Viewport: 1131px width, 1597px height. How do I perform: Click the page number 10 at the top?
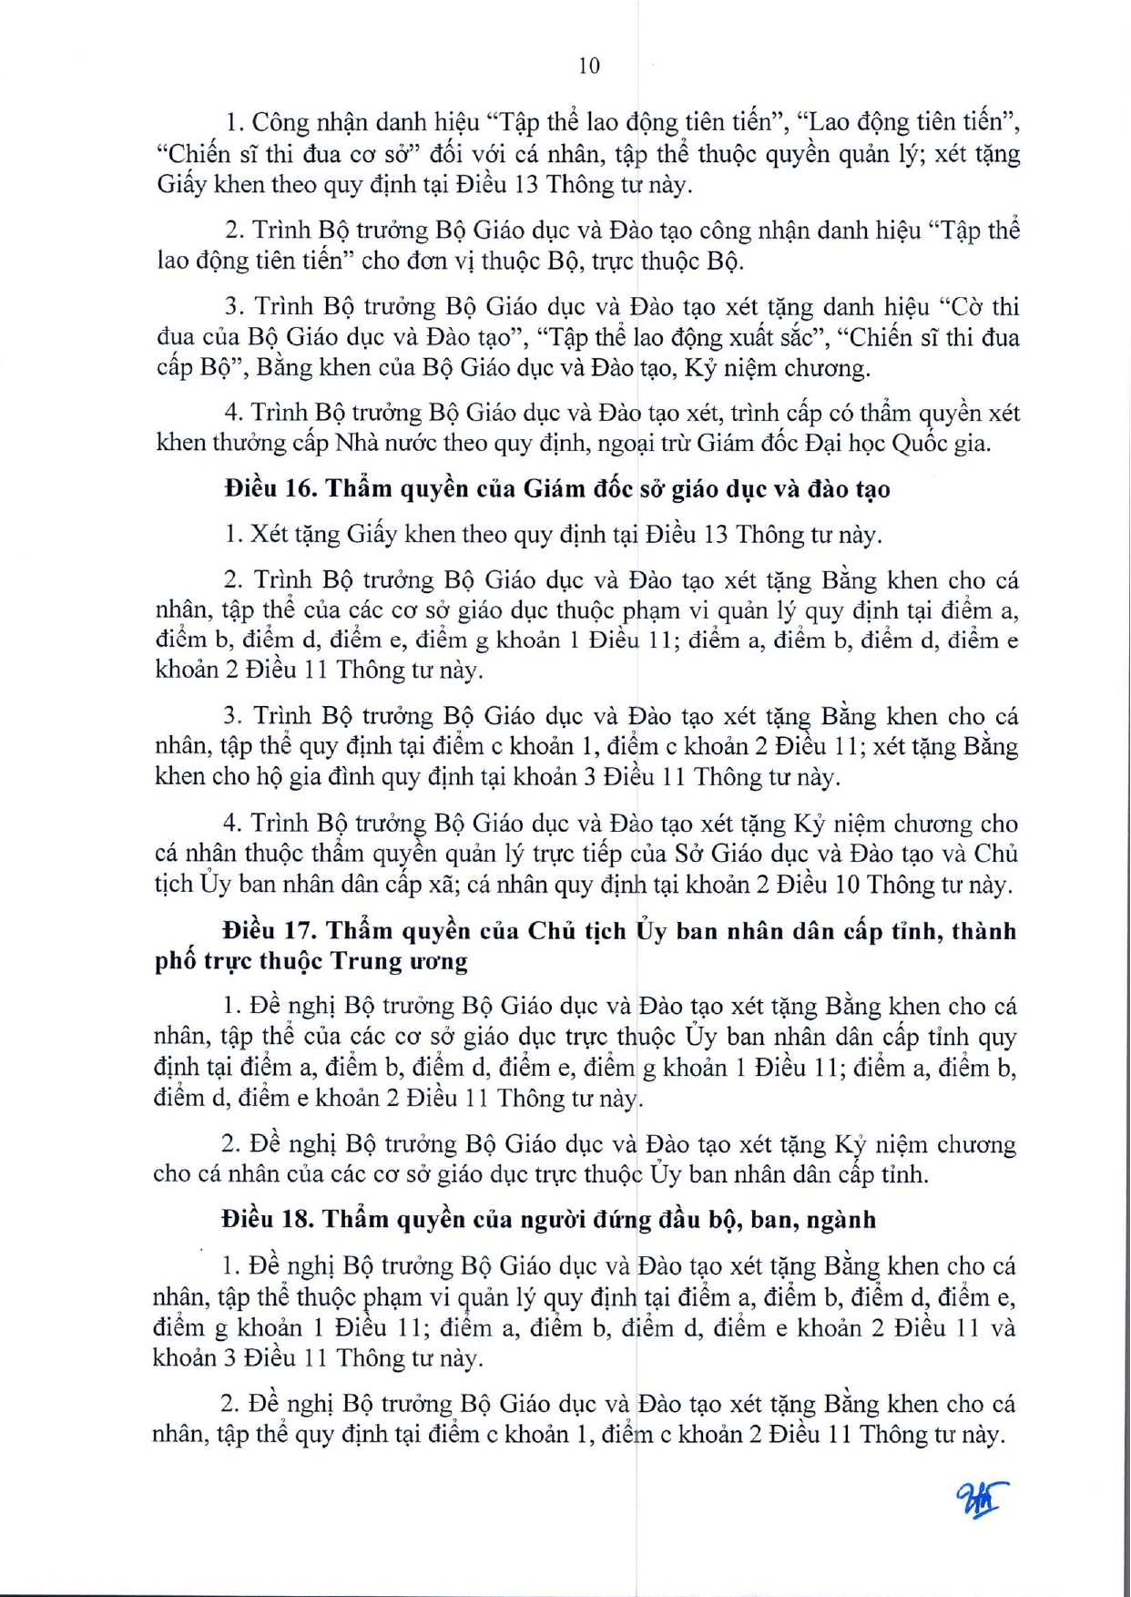(588, 66)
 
